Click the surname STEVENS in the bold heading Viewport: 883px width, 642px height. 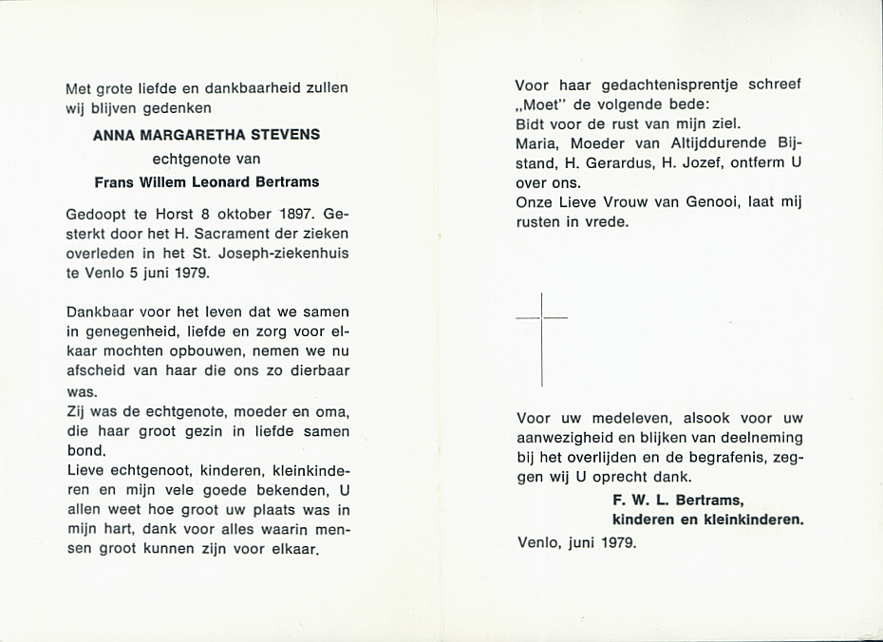(x=284, y=135)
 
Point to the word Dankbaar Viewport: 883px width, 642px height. (x=97, y=311)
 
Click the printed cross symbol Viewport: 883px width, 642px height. (x=541, y=339)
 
